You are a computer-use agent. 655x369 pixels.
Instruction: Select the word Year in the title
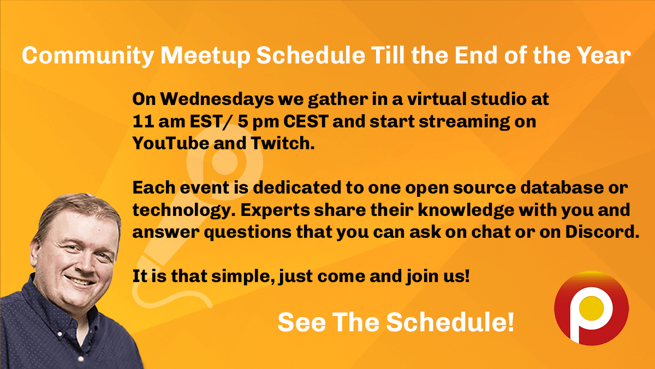pos(603,56)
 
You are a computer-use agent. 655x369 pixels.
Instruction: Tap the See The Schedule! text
pos(396,322)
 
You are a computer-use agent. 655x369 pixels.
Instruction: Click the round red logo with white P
pos(591,309)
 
